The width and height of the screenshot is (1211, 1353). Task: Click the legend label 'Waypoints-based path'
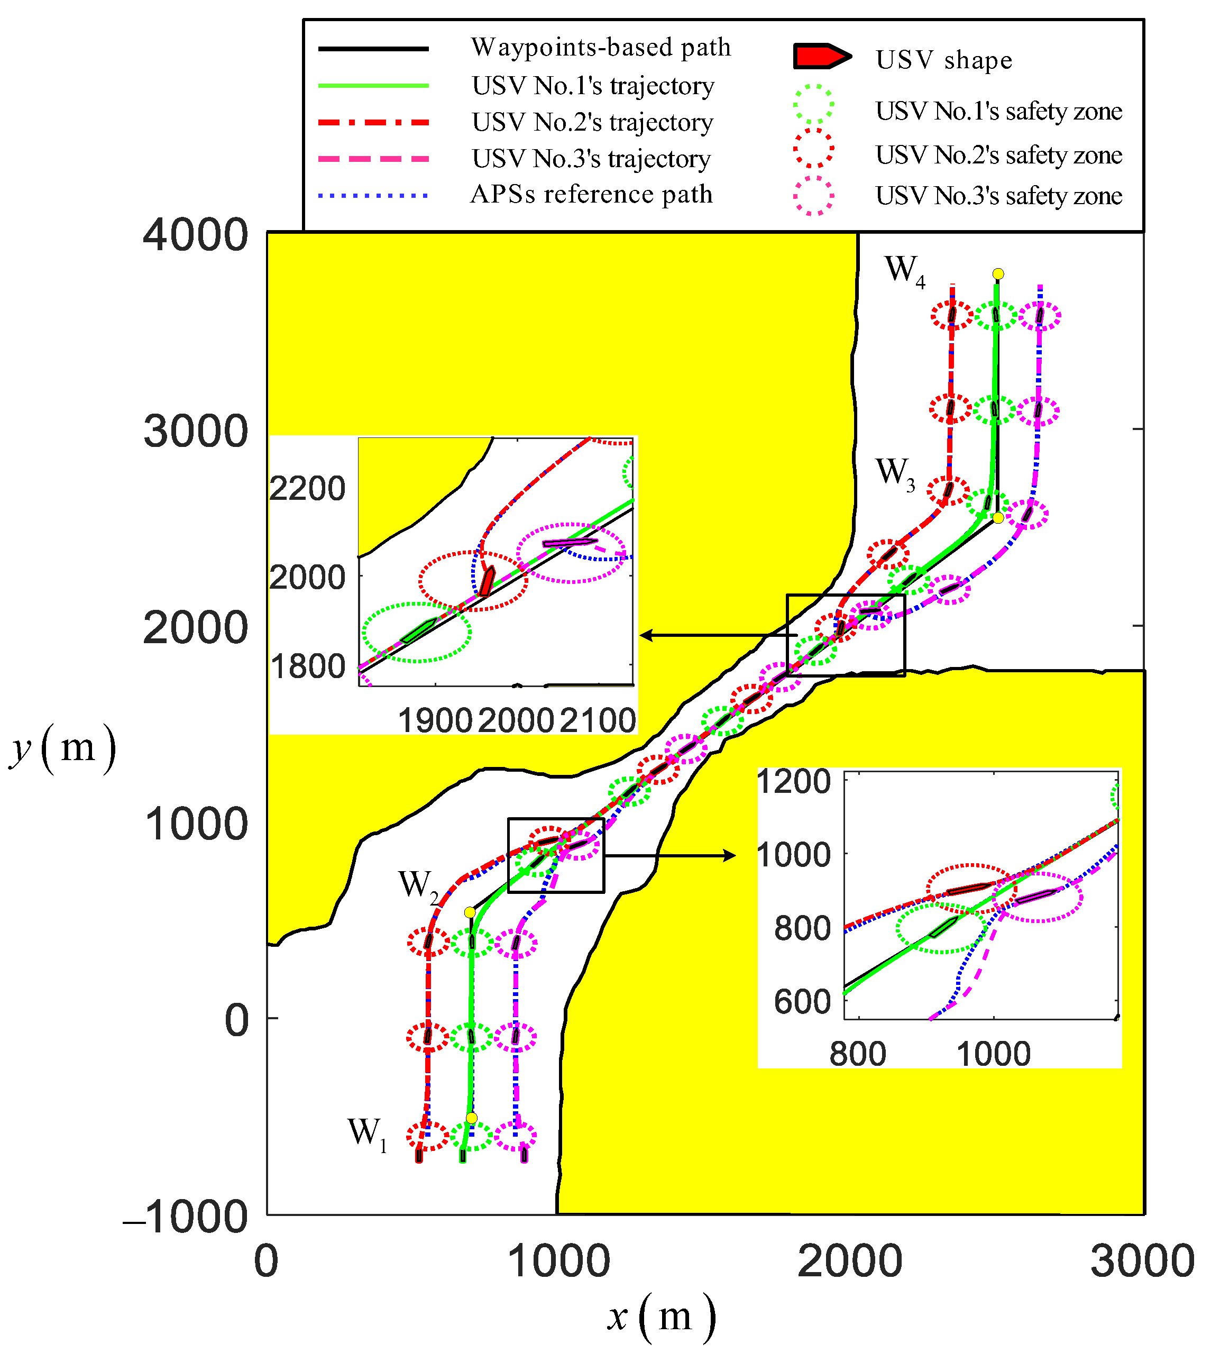click(x=600, y=47)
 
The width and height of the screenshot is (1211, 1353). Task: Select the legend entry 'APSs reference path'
click(x=591, y=194)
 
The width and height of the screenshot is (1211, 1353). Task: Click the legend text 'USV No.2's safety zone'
click(x=998, y=155)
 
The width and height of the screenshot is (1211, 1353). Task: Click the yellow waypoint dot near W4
click(x=997, y=274)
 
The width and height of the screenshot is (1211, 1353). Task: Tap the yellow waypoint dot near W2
click(x=470, y=912)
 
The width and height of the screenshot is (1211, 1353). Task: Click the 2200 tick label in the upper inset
click(x=307, y=489)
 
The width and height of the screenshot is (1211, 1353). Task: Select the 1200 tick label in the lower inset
click(x=794, y=781)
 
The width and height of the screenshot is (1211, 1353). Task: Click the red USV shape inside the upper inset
click(x=487, y=581)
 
